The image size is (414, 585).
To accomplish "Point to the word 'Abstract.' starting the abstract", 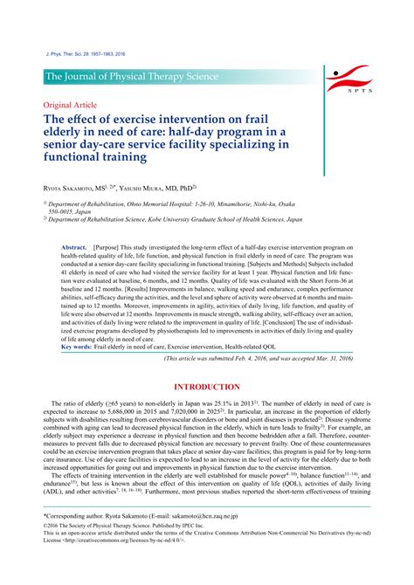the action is [x=76, y=248].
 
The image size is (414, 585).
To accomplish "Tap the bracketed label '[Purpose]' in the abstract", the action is [x=118, y=248].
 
